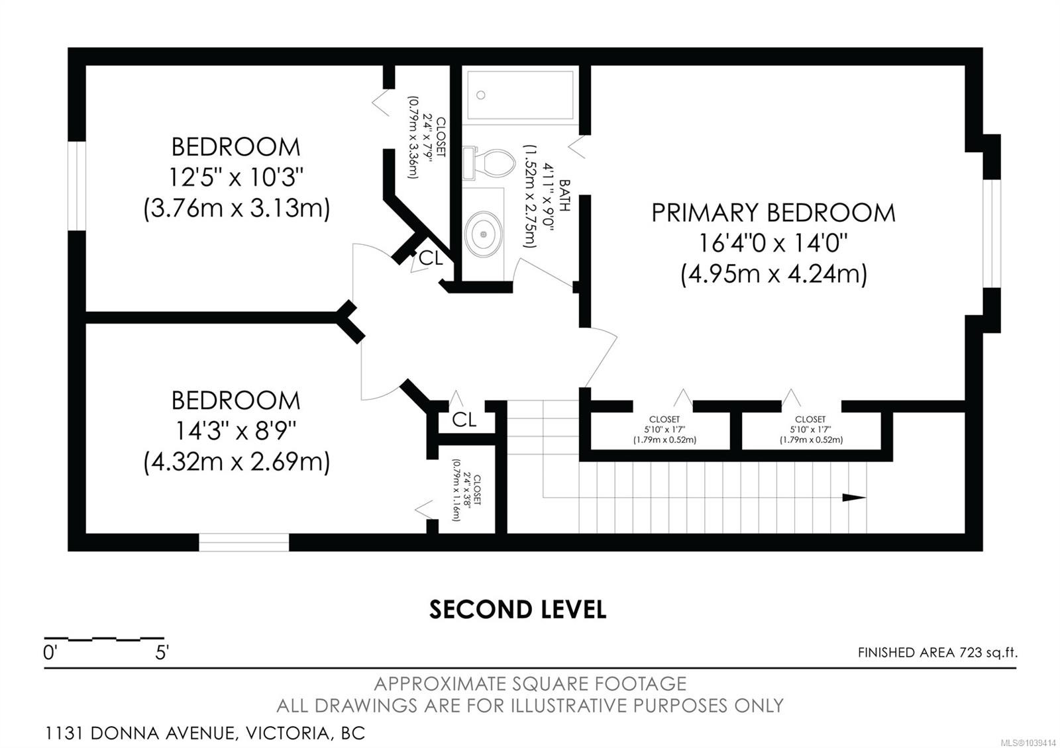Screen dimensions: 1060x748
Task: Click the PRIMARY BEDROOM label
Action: [x=773, y=212]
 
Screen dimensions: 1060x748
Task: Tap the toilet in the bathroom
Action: [x=490, y=164]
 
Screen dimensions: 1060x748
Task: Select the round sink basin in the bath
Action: [x=483, y=234]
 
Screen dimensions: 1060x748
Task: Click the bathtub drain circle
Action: [x=481, y=95]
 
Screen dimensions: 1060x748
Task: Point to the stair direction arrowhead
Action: [x=854, y=497]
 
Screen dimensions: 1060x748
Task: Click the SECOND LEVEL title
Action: [x=517, y=610]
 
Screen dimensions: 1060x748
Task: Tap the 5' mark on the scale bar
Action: [x=162, y=653]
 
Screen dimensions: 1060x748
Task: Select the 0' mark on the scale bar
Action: [x=50, y=653]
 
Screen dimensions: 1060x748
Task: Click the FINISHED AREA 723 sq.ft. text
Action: [x=937, y=653]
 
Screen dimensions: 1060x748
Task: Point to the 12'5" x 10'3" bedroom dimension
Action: [x=236, y=178]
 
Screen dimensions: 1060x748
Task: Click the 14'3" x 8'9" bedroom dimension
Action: [x=236, y=431]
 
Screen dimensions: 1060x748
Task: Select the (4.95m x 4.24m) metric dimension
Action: [x=774, y=274]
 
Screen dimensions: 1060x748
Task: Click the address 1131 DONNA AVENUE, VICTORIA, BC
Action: [x=205, y=733]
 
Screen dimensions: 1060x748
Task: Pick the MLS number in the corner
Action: [x=1033, y=741]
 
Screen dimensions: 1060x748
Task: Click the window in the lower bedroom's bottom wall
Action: [x=244, y=542]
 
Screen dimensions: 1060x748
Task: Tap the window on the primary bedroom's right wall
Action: [x=992, y=233]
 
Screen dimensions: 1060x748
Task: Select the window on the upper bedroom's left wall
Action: [x=77, y=186]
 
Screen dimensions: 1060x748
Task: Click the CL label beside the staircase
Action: [x=464, y=420]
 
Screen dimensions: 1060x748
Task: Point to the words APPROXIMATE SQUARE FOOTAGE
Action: [x=530, y=684]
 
